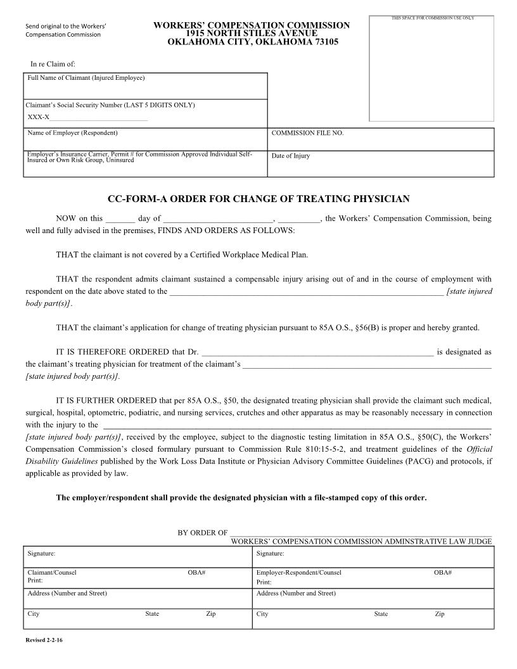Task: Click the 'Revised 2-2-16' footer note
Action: click(44, 640)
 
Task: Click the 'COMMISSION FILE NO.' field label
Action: click(307, 134)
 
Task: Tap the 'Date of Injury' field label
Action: click(291, 156)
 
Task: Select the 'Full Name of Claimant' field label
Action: click(86, 78)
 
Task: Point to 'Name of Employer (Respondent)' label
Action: click(73, 133)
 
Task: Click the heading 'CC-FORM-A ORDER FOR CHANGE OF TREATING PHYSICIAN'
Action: click(258, 199)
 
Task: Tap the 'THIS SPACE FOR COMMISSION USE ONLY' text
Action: click(433, 18)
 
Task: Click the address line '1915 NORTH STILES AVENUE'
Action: click(252, 33)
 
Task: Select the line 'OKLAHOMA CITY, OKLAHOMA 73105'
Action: click(252, 42)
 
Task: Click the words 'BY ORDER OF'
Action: click(203, 533)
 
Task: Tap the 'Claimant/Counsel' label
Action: click(52, 573)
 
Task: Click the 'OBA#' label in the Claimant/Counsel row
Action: click(196, 573)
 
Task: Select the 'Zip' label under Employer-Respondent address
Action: click(440, 614)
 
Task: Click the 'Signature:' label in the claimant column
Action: click(41, 554)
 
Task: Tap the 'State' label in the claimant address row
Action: click(152, 614)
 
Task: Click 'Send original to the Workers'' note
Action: click(66, 26)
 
